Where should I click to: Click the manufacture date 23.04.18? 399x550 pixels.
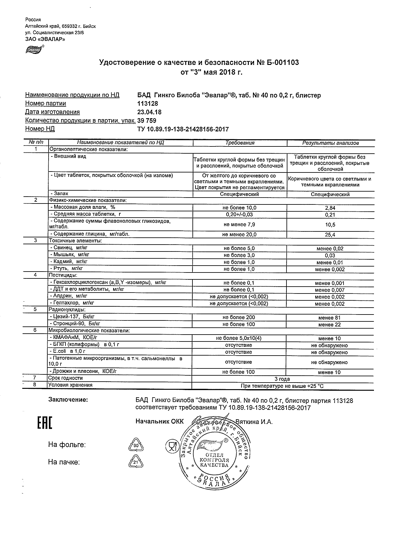(x=150, y=112)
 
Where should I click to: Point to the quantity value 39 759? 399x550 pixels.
(x=147, y=120)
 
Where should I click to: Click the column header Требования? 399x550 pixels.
(x=240, y=143)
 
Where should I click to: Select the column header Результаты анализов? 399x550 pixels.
(x=330, y=143)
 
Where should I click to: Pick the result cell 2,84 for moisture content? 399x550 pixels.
(x=330, y=208)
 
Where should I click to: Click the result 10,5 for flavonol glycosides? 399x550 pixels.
(x=330, y=225)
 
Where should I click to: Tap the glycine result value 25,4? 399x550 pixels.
(x=330, y=235)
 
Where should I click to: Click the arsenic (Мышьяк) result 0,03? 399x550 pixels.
(x=330, y=256)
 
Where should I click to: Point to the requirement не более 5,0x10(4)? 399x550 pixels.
(x=239, y=338)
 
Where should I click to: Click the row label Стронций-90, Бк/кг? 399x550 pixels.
(x=77, y=324)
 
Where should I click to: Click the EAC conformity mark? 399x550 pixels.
(x=45, y=423)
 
